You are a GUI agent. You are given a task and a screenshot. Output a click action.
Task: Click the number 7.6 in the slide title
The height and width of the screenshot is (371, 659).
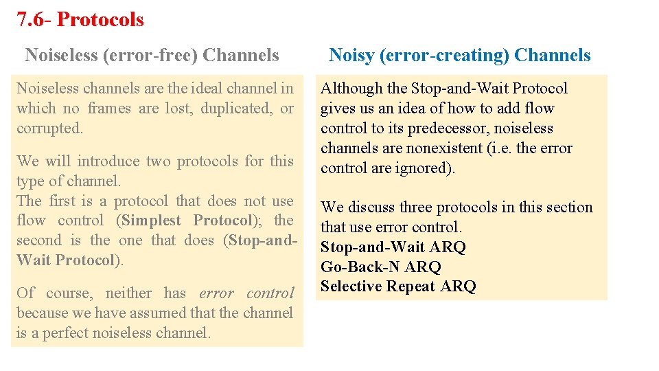click(x=30, y=19)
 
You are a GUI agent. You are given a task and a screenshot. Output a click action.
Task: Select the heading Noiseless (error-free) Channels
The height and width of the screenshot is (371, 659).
click(x=152, y=55)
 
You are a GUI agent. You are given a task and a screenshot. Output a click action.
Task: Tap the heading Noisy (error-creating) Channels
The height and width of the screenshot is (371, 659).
click(x=459, y=55)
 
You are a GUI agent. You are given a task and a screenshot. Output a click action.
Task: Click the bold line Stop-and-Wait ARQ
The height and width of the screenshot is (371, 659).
click(x=393, y=247)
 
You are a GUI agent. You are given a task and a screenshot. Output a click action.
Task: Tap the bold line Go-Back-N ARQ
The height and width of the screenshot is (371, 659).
click(x=381, y=267)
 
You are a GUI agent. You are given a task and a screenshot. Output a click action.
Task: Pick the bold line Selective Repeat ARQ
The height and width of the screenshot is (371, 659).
click(x=398, y=286)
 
